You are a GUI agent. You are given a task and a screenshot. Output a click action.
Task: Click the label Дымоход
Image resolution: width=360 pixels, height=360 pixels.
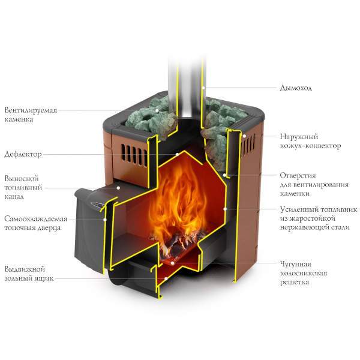296,88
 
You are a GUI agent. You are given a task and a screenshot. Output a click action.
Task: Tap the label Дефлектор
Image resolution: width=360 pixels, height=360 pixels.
23,154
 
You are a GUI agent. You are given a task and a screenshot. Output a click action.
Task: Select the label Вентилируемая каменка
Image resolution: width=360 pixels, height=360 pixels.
26,115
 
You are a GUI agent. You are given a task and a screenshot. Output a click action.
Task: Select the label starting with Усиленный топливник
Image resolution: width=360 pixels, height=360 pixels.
319,218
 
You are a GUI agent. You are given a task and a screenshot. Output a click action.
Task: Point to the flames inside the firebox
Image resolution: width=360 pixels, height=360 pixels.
180,198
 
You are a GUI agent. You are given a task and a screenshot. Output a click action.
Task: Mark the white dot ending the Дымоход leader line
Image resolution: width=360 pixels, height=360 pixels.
203,88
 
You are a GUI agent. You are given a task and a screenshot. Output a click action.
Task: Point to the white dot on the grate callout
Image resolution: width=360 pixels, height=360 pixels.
172,262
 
